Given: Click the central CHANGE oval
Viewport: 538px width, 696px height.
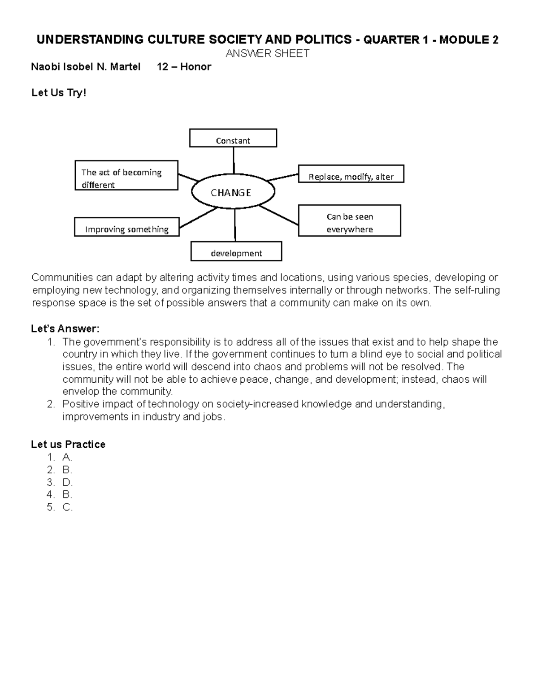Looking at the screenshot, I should [233, 192].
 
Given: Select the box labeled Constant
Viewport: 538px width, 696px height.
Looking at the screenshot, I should [233, 138].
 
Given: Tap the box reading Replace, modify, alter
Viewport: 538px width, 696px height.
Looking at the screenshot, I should [351, 174].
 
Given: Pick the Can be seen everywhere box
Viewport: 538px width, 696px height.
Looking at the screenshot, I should [349, 221].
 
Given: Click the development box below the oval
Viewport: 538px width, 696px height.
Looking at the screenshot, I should [236, 251].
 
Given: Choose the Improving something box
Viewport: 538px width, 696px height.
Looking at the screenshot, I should [126, 227].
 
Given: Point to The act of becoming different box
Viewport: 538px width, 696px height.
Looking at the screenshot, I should [126, 176].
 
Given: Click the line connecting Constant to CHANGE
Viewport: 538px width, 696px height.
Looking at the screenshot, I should [233, 160].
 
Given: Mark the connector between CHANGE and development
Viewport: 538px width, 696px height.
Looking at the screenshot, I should [235, 225].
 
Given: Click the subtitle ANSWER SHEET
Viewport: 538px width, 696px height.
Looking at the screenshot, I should [267, 54].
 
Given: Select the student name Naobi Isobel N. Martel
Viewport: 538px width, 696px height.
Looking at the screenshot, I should [86, 67].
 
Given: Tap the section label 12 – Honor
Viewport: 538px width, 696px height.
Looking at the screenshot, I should [184, 67].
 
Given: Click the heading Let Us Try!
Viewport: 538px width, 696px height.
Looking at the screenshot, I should [58, 93].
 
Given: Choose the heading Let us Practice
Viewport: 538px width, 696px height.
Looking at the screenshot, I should [68, 444].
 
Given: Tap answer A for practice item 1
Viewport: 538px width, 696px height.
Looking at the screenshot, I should [67, 457].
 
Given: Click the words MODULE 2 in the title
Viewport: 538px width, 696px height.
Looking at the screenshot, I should [469, 40].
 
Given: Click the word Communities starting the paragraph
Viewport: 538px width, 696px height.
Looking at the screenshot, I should [62, 277].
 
